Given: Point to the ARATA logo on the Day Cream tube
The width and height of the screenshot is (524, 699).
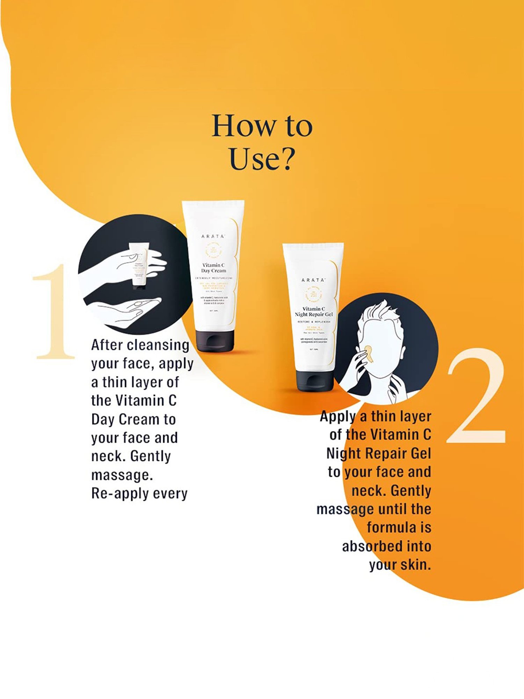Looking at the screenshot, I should pos(213,236).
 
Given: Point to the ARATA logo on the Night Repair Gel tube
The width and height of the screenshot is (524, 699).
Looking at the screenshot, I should pos(313,280).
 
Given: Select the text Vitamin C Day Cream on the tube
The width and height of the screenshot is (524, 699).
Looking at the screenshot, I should pos(213,268).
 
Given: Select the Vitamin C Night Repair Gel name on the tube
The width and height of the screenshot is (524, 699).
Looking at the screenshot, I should pos(313,311).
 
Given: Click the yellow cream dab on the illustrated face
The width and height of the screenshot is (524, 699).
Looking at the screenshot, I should pos(369,354).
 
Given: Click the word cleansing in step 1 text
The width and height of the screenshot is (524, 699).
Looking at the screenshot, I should pos(158,345).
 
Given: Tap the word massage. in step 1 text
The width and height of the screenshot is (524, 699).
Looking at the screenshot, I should pos(122,475).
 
